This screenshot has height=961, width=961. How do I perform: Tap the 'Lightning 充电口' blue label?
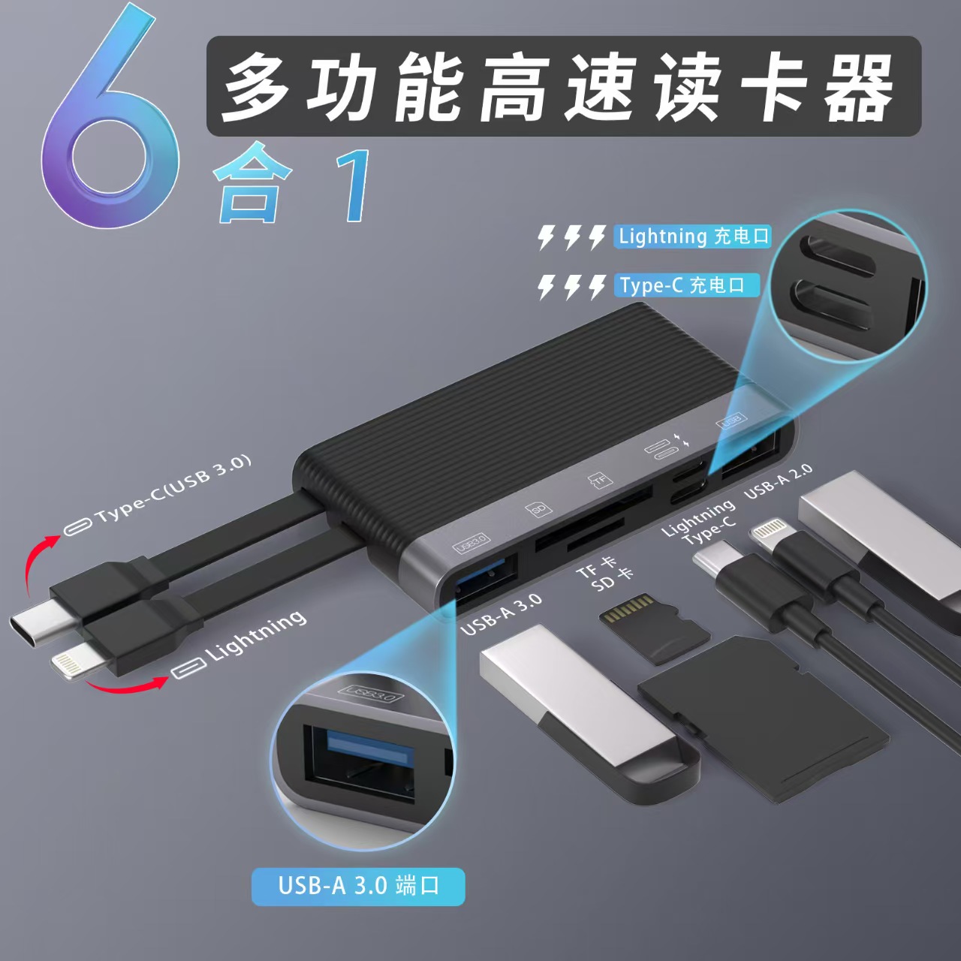pyautogui.click(x=694, y=236)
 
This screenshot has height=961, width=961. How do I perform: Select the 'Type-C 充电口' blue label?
pyautogui.click(x=685, y=285)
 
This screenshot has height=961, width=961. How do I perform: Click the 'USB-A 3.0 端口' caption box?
pyautogui.click(x=358, y=886)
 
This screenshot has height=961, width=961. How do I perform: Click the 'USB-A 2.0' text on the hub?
pyautogui.click(x=778, y=481)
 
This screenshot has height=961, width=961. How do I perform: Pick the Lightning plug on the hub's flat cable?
pyautogui.click(x=75, y=664)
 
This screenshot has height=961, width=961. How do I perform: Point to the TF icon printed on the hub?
pyautogui.click(x=599, y=480)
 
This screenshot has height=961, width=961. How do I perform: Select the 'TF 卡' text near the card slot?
pyautogui.click(x=597, y=567)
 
